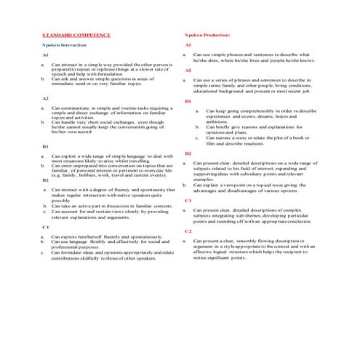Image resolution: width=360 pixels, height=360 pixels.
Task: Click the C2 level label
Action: tap(188, 231)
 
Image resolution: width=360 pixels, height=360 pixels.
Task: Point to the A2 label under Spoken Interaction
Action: tap(45, 97)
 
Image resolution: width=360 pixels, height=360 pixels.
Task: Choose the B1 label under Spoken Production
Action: tap(188, 101)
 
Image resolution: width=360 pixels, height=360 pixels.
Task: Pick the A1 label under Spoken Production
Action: tap(188, 45)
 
